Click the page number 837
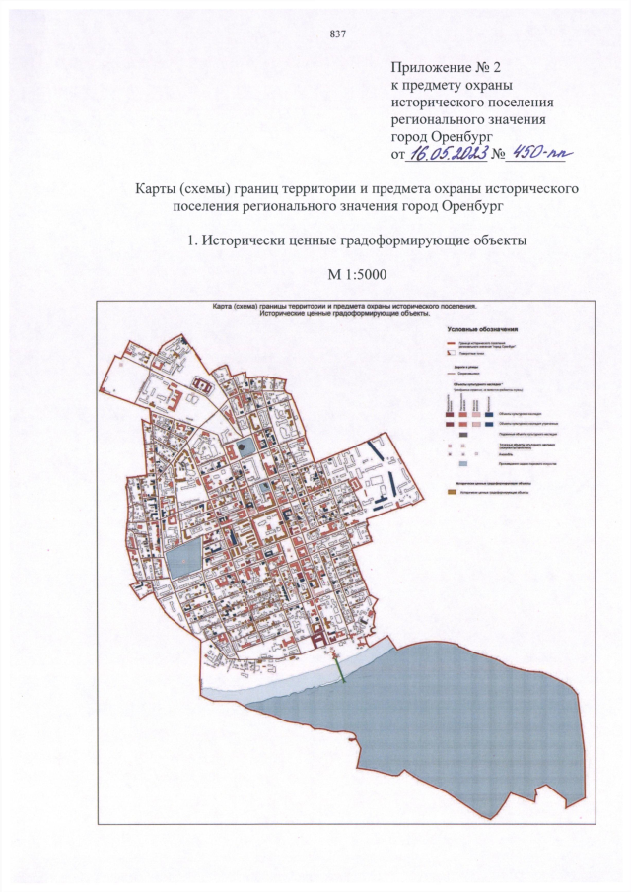(x=337, y=34)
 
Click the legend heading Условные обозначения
(x=482, y=328)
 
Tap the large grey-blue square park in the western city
(x=182, y=561)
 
